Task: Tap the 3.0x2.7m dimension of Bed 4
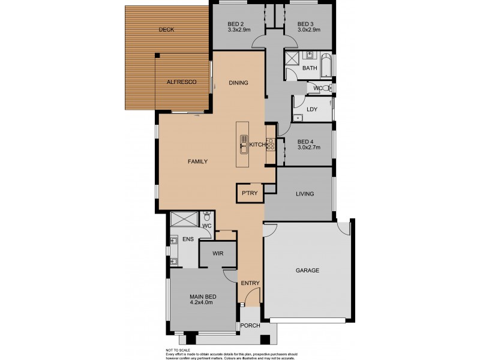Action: pos(310,146)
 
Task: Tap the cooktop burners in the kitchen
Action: pos(270,145)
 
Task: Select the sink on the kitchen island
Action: pos(244,144)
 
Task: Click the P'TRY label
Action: pos(249,194)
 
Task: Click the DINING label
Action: pos(238,83)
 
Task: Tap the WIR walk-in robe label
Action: pos(218,254)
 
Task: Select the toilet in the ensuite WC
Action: pos(206,217)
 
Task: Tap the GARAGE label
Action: pos(307,270)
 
